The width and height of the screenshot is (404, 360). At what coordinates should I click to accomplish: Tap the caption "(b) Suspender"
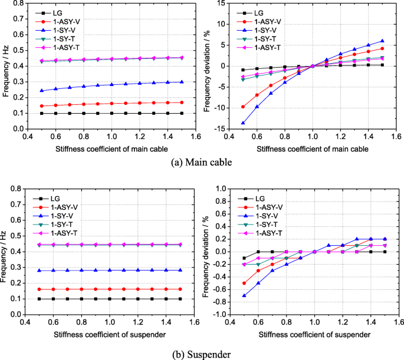(x=201, y=354)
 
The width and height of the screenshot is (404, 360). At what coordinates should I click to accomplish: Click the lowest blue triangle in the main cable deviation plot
(x=243, y=123)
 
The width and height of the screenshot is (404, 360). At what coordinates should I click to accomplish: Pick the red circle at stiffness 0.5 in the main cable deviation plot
(x=243, y=107)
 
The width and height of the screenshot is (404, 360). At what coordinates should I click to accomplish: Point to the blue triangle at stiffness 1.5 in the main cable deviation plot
(x=382, y=41)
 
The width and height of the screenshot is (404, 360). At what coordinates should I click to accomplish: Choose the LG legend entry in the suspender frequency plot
(x=58, y=199)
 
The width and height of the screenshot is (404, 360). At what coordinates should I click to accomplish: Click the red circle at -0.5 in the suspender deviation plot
(x=243, y=283)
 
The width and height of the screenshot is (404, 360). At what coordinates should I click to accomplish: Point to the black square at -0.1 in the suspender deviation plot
(x=243, y=258)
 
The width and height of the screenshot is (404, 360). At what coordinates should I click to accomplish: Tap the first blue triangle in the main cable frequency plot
(x=42, y=91)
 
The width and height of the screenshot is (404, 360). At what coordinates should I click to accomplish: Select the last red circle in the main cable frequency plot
(x=181, y=103)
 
